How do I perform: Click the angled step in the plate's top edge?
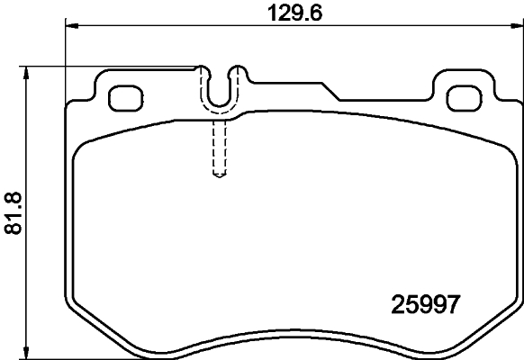click(330, 90)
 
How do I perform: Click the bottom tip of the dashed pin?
click(218, 175)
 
